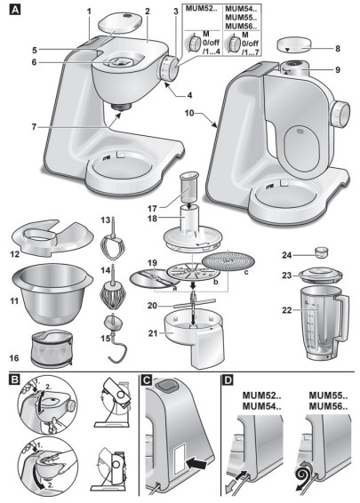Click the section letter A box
pyautogui.click(x=14, y=10)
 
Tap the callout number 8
pyautogui.click(x=337, y=49)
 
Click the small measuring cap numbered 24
pyautogui.click(x=321, y=252)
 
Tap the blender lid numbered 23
pyautogui.click(x=320, y=275)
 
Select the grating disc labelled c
pyautogui.click(x=228, y=260)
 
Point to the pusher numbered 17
pyautogui.click(x=189, y=188)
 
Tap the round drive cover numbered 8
pyautogui.click(x=294, y=45)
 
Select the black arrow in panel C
pyautogui.click(x=196, y=464)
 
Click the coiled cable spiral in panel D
pyautogui.click(x=304, y=475)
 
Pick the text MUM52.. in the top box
pyautogui.click(x=202, y=9)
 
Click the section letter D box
pyautogui.click(x=228, y=380)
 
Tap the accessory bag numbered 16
pyautogui.click(x=52, y=349)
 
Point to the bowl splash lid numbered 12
pyautogui.click(x=52, y=238)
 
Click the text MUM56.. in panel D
pyautogui.click(x=328, y=407)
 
